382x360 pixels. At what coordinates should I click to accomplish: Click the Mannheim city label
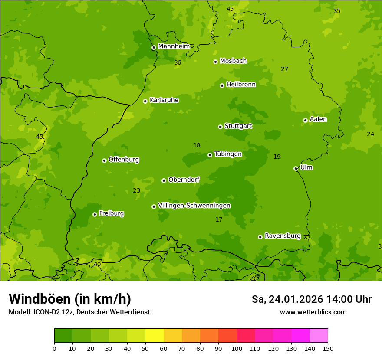point(174,46)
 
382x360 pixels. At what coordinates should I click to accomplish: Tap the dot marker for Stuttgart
point(220,127)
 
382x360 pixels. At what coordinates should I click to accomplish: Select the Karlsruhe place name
point(164,100)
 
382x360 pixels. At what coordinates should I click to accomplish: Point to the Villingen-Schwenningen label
point(194,206)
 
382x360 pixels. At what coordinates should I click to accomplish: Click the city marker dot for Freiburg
point(95,214)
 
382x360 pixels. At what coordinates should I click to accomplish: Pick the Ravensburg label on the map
point(282,236)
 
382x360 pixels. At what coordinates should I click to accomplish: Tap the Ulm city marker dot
point(296,168)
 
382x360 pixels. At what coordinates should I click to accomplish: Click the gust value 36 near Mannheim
point(178,63)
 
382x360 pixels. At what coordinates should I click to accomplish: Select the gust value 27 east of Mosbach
point(284,69)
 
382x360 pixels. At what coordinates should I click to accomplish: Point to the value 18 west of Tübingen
point(197,146)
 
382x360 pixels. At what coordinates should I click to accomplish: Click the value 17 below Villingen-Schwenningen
point(219,220)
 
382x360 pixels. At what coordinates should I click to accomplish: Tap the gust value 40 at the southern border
point(97,264)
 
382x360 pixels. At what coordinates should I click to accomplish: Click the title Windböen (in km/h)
point(70,299)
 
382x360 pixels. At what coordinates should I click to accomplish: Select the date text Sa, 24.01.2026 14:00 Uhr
point(311,299)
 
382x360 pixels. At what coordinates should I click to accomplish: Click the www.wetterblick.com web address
point(313,312)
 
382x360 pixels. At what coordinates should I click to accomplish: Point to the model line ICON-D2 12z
point(79,312)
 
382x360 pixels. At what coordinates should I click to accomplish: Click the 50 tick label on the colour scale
point(145,348)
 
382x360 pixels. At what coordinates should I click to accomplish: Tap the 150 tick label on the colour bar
point(328,348)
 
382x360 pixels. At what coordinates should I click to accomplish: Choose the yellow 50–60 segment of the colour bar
point(155,336)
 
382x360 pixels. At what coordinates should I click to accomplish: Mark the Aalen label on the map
point(318,119)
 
